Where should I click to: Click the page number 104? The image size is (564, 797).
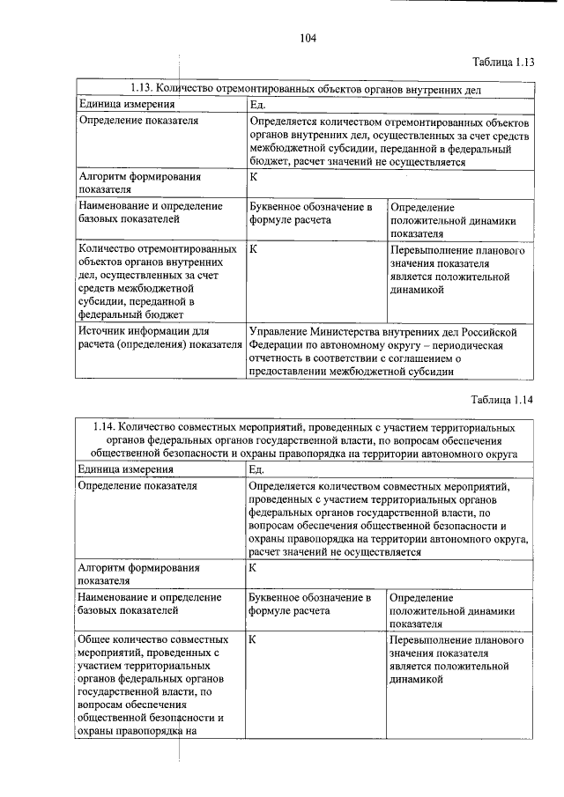tap(307, 37)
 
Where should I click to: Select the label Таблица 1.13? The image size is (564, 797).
tap(503, 62)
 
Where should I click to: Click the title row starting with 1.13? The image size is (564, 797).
tap(305, 88)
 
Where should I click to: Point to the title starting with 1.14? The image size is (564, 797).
tap(305, 440)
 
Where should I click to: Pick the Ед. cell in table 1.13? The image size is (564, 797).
tap(258, 105)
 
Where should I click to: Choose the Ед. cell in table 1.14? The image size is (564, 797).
tap(258, 470)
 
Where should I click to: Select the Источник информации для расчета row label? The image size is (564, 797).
tap(159, 338)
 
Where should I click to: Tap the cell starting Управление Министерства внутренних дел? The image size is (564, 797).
tap(388, 351)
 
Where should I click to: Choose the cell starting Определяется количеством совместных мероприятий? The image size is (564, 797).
tap(388, 519)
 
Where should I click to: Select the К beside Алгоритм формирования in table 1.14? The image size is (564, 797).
tap(253, 568)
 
